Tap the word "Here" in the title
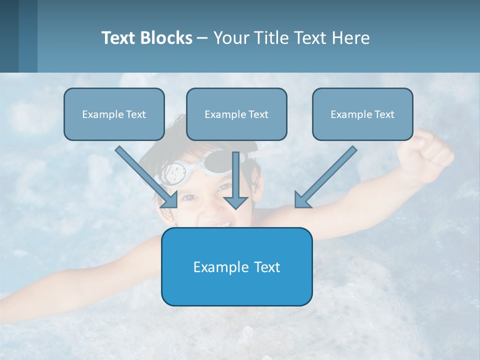point(351,38)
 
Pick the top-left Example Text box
point(114,114)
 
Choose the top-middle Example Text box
point(236,114)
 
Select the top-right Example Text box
point(362,114)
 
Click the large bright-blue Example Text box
point(236,266)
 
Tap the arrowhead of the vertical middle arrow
point(236,201)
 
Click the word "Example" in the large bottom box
point(214,267)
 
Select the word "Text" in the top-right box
point(384,114)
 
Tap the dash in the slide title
point(203,38)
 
